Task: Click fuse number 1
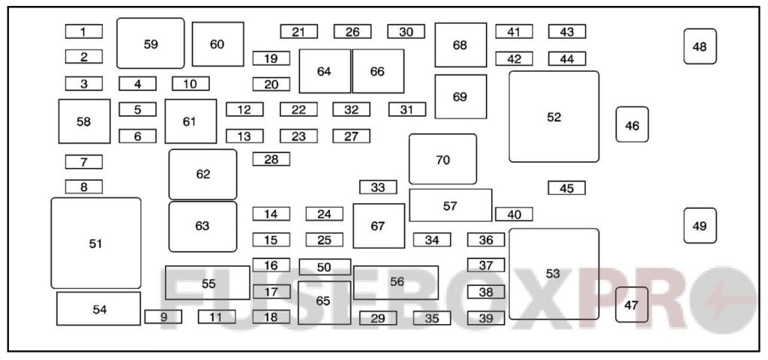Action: (84, 31)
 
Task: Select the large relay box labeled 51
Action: (96, 243)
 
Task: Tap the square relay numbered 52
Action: (553, 116)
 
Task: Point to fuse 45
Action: (566, 188)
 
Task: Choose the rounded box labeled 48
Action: (700, 46)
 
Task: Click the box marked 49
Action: (700, 226)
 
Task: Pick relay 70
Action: (442, 159)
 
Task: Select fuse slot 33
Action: (378, 187)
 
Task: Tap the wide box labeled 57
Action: (450, 205)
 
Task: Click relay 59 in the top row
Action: (151, 43)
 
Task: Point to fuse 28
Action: (271, 159)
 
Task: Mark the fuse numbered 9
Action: (163, 317)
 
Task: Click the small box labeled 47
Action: (631, 304)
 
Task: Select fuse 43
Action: (566, 31)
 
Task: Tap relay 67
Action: (379, 225)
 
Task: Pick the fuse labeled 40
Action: (514, 214)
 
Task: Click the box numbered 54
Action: (99, 308)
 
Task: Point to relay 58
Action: (84, 121)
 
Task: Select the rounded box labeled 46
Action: (632, 124)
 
